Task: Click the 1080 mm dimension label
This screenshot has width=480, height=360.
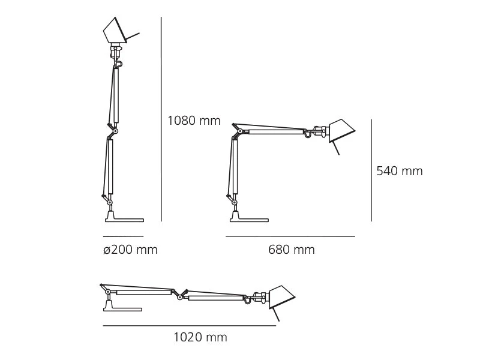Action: pyautogui.click(x=194, y=121)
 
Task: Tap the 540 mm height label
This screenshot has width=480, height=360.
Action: pyautogui.click(x=399, y=172)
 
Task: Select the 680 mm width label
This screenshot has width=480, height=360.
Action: pyautogui.click(x=291, y=250)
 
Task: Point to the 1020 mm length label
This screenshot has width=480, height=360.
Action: pyautogui.click(x=200, y=338)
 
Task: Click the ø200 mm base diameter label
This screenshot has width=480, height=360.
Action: pyautogui.click(x=130, y=250)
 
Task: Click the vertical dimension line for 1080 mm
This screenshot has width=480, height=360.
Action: pyautogui.click(x=161, y=120)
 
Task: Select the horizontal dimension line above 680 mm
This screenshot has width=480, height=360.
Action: pyautogui.click(x=290, y=236)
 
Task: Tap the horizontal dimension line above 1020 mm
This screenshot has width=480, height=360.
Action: pyautogui.click(x=189, y=326)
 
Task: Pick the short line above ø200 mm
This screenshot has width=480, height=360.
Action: pyautogui.click(x=123, y=236)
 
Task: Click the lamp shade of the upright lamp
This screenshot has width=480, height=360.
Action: pyautogui.click(x=114, y=31)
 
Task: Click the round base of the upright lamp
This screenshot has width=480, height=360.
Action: pyautogui.click(x=124, y=220)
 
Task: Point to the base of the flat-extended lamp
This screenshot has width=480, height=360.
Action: pyautogui.click(x=122, y=309)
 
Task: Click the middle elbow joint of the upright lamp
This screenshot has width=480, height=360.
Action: pyautogui.click(x=115, y=131)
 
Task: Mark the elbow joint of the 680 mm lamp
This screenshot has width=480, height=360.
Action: pyautogui.click(x=240, y=131)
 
